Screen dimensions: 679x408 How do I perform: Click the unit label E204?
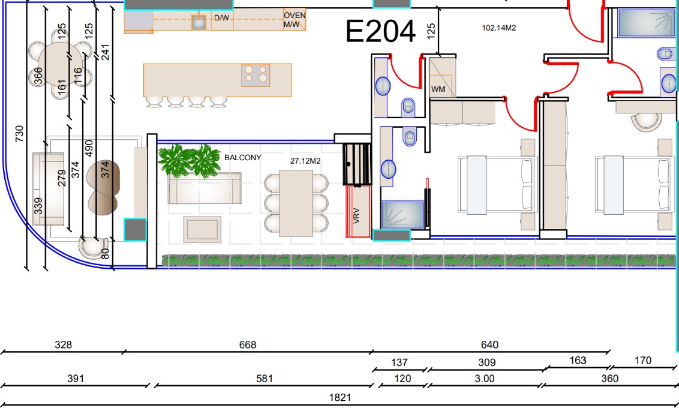(380, 31)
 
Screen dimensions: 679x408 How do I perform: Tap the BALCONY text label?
(242, 158)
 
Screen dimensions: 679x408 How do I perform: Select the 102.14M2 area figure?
(499, 28)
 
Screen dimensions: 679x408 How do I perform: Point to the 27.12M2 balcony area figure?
(305, 161)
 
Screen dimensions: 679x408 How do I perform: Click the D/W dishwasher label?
(222, 18)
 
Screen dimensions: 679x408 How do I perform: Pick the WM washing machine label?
(438, 89)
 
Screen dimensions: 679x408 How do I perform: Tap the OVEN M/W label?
(295, 20)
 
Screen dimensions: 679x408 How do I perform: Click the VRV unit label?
(356, 215)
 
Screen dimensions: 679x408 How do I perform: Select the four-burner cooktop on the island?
(256, 74)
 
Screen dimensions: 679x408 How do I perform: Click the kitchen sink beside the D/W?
(199, 22)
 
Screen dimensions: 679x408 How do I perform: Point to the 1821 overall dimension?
(340, 397)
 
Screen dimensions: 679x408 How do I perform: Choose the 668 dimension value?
(248, 345)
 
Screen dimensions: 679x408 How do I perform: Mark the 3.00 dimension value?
(484, 379)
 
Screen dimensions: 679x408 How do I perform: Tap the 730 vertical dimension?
(19, 134)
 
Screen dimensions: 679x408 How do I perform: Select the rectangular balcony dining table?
(296, 203)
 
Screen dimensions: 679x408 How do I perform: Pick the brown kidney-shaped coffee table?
(103, 188)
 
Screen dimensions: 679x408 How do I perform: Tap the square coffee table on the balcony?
(202, 229)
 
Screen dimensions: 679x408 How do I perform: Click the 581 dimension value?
(264, 379)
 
